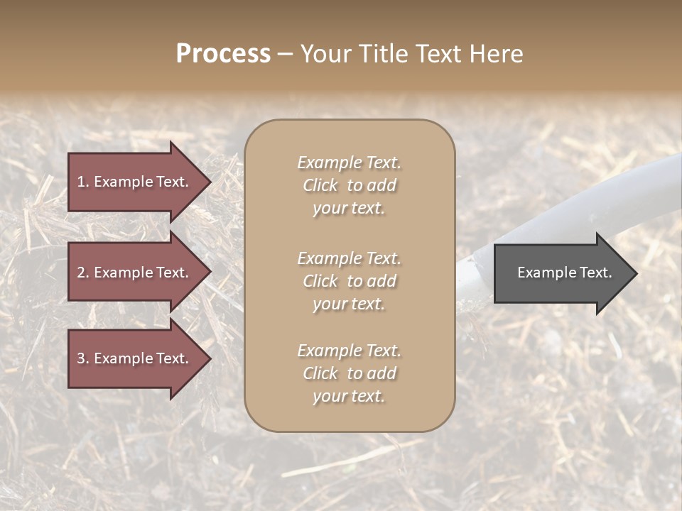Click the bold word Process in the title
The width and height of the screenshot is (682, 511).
coord(223,54)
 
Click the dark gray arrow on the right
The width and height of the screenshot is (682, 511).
coord(561,273)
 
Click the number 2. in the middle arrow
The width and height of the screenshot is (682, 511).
coord(82,273)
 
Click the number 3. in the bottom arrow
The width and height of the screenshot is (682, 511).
coord(82,358)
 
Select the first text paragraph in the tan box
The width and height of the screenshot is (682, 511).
coord(349,185)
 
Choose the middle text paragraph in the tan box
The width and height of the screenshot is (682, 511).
coord(349,281)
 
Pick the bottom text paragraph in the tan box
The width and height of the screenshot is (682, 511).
coord(349,373)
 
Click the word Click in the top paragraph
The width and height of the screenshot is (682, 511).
coord(320,185)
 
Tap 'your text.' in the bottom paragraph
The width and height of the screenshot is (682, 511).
coord(349,397)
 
